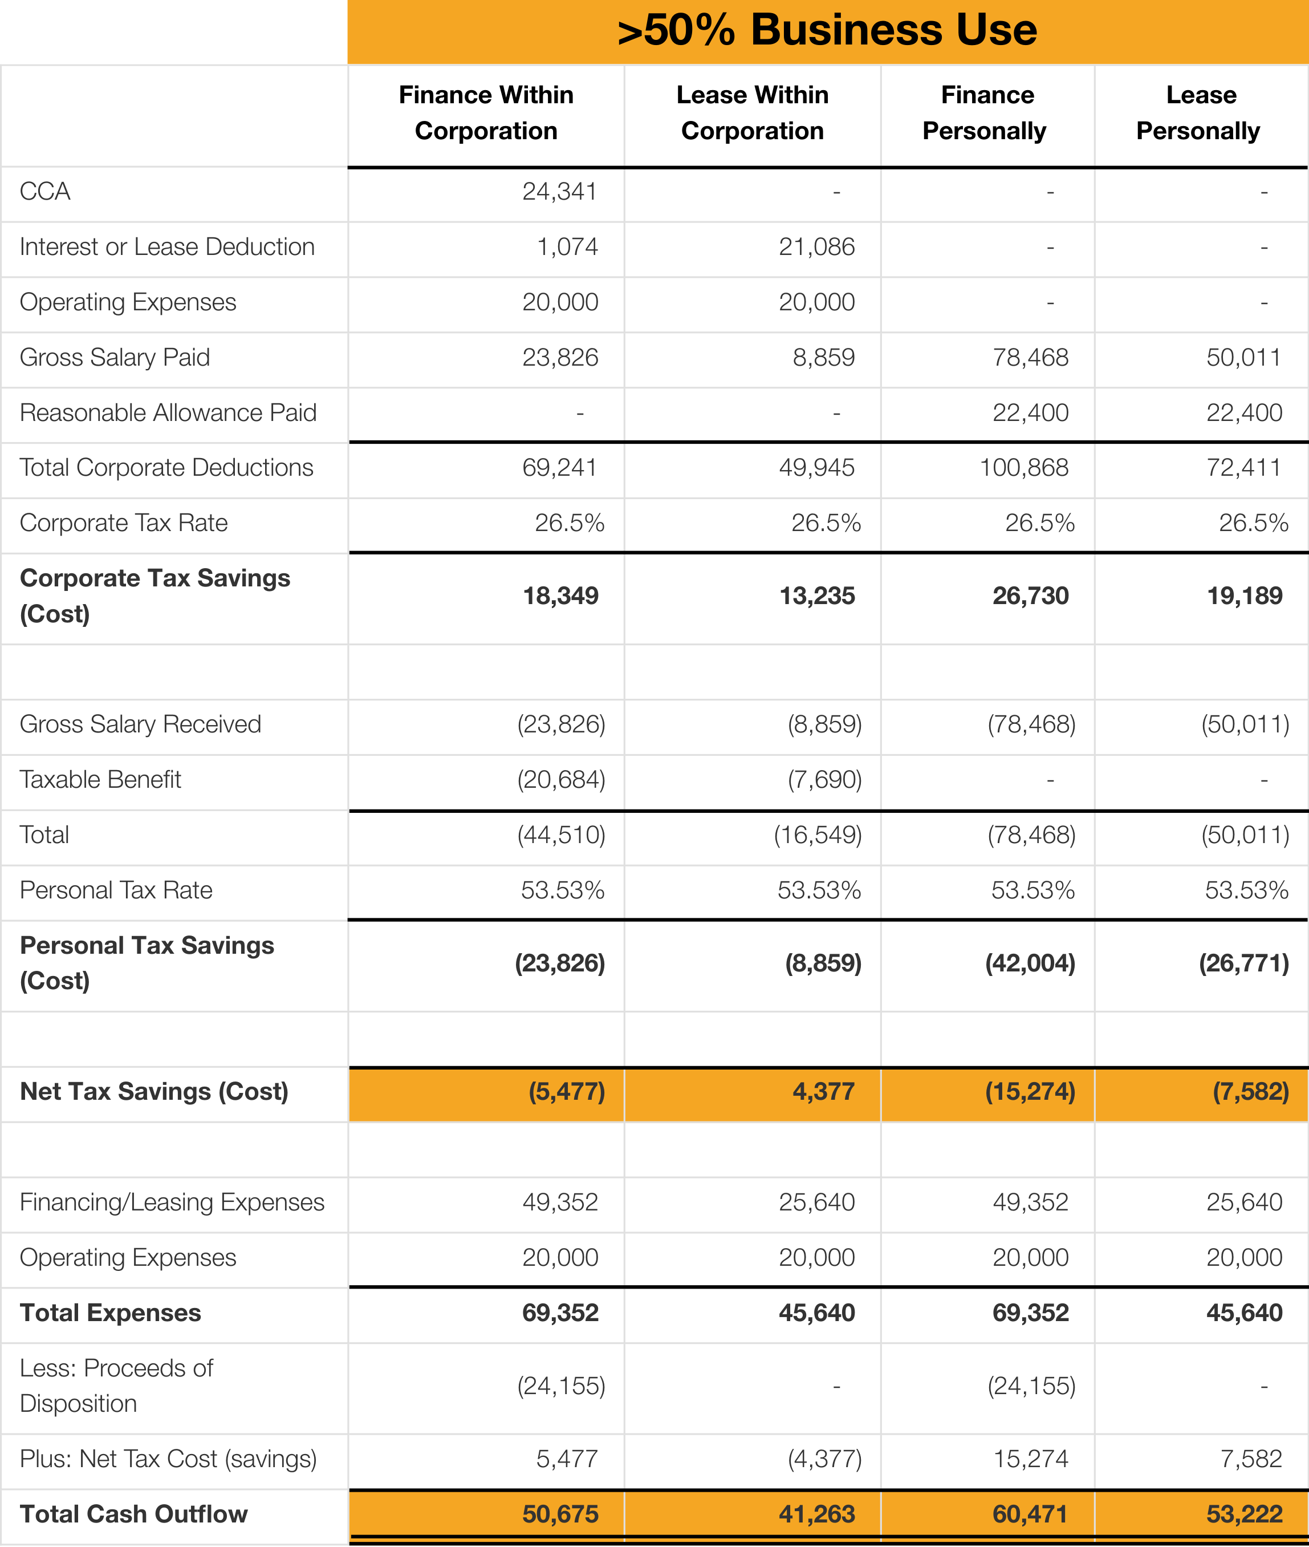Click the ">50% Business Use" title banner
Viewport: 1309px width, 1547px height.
(827, 31)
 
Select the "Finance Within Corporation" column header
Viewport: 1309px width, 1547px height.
(486, 113)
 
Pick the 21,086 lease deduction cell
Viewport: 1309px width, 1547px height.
(816, 246)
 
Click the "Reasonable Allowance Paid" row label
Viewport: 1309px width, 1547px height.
(168, 413)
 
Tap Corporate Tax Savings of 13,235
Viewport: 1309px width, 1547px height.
(816, 596)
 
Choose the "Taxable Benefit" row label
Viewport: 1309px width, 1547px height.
(100, 779)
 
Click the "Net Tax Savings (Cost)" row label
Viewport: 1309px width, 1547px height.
(153, 1092)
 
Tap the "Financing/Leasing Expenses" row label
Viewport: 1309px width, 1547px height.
(172, 1202)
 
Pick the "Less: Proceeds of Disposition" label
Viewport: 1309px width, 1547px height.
(116, 1386)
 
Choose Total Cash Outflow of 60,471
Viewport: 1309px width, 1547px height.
(1030, 1514)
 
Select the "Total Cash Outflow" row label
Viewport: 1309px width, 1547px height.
(133, 1514)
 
